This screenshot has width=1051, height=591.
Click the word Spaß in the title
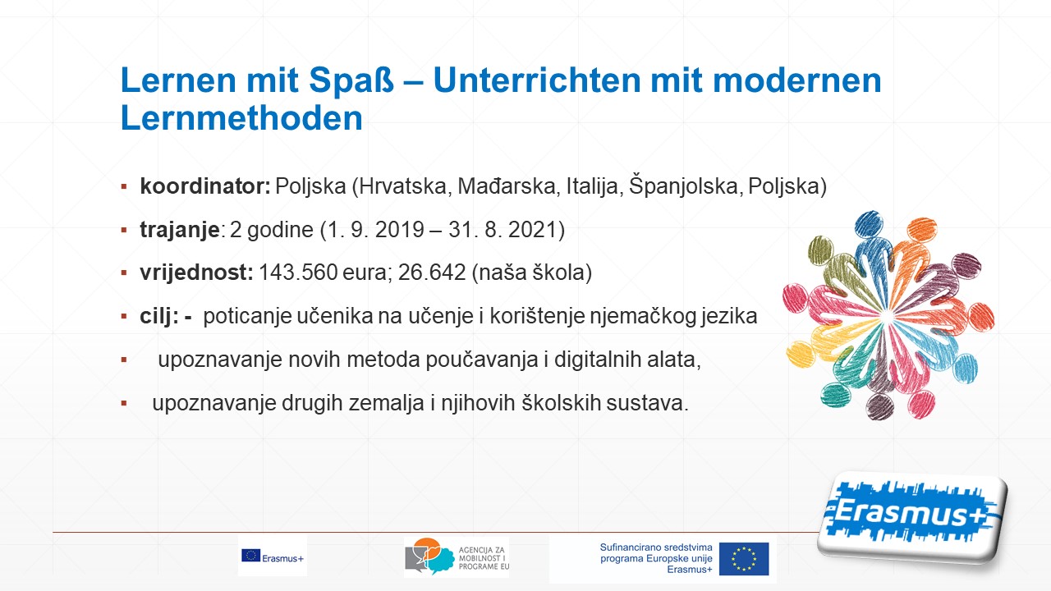click(351, 80)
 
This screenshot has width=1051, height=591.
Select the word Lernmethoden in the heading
click(241, 117)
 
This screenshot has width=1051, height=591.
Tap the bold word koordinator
click(205, 186)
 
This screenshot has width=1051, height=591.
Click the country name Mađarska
click(507, 186)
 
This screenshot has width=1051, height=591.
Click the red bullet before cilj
click(124, 317)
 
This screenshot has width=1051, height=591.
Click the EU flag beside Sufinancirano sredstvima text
click(744, 559)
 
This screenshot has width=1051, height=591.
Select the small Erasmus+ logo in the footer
click(273, 557)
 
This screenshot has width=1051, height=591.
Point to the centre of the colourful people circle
click(888, 316)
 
